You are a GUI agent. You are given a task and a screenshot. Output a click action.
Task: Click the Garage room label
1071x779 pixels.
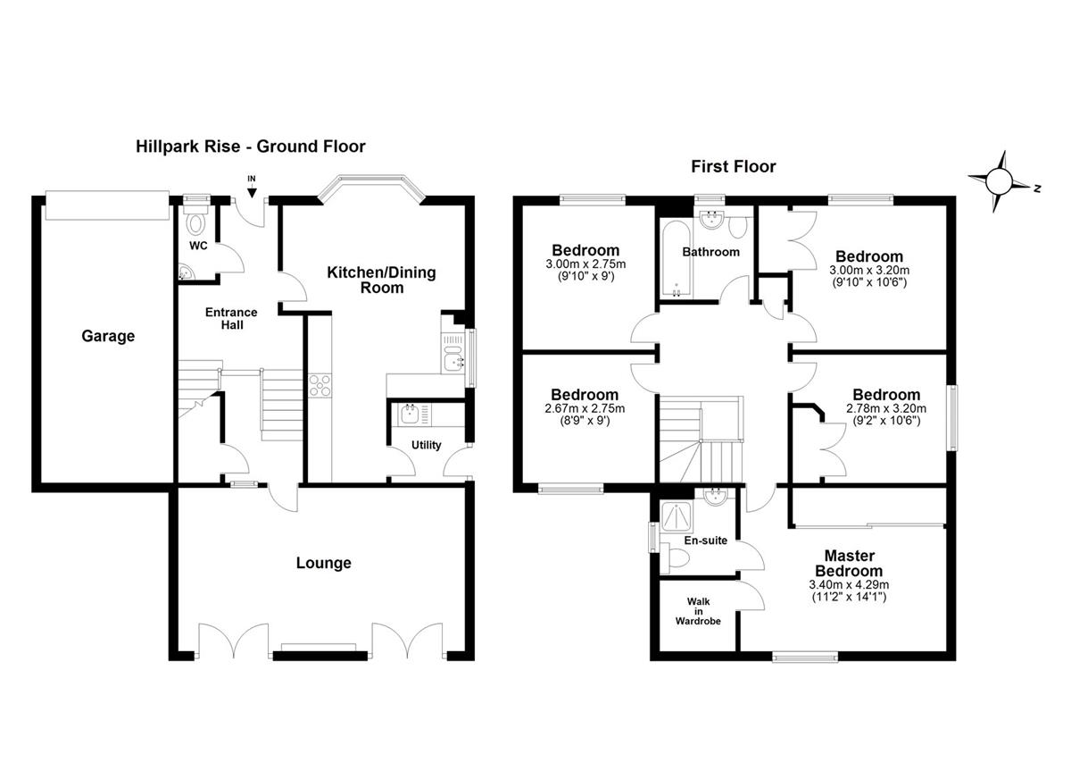click(108, 337)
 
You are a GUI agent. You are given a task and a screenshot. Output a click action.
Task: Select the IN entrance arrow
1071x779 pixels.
click(252, 192)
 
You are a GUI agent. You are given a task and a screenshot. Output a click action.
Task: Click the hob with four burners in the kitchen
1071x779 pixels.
click(320, 386)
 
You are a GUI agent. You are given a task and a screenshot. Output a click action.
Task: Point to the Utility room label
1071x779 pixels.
click(426, 445)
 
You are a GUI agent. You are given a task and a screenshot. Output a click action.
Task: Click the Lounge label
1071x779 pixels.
click(323, 563)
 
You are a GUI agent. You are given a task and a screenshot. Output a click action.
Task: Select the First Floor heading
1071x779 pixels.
click(733, 166)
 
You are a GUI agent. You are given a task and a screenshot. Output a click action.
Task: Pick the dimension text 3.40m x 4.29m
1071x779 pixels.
click(849, 584)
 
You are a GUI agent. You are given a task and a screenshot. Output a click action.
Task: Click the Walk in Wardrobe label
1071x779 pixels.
click(698, 611)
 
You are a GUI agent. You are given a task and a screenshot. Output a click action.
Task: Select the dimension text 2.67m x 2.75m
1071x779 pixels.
click(585, 408)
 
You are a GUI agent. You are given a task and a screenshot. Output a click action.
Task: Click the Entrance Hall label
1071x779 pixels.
click(231, 319)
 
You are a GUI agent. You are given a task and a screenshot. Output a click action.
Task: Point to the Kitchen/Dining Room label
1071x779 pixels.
click(381, 280)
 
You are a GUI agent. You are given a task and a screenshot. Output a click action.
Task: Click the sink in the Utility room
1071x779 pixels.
click(410, 414)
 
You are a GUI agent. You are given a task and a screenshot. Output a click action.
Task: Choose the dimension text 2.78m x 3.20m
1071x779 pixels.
click(886, 408)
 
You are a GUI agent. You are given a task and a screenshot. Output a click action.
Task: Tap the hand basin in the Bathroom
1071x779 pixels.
click(712, 219)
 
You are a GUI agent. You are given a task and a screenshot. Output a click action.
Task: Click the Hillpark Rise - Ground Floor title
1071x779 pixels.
click(251, 147)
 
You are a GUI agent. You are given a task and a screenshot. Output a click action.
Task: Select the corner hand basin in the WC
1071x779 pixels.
click(185, 272)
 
